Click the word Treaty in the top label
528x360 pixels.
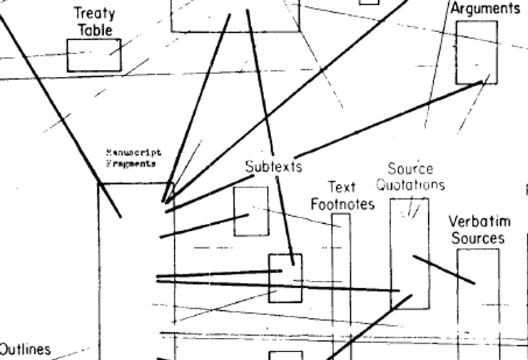pos(94,14)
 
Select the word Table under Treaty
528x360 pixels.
pos(95,30)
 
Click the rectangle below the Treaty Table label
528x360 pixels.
pos(94,55)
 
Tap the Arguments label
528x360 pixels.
pos(485,9)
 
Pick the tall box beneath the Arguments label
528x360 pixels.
pos(477,52)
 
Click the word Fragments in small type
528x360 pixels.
pos(131,163)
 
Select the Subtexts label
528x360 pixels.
pos(273,167)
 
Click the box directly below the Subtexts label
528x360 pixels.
pos(251,211)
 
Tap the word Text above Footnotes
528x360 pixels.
pos(341,187)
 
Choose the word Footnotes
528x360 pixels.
pos(342,205)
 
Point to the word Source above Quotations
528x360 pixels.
pos(410,169)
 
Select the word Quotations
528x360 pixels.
pos(410,185)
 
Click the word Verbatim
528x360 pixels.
pos(477,221)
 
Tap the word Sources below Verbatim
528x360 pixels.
pos(477,238)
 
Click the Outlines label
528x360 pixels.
pos(25,349)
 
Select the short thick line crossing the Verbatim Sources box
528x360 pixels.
pos(444,269)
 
